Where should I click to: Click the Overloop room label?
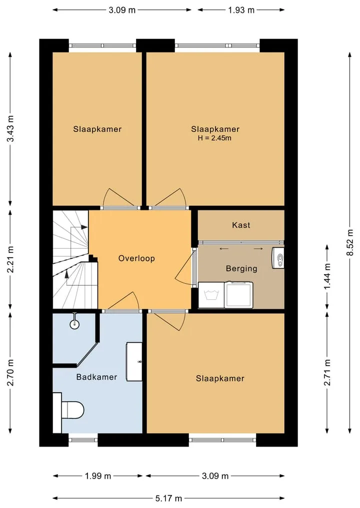[x=136, y=259]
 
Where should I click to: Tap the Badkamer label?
[x=96, y=377]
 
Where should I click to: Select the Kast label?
[x=241, y=225]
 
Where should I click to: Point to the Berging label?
[x=241, y=269]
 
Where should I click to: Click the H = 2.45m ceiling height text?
[x=214, y=138]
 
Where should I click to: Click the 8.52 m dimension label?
[x=350, y=242]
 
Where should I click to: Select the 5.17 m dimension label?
[x=168, y=498]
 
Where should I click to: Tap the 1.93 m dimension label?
[x=241, y=10]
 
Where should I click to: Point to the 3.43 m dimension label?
[x=10, y=128]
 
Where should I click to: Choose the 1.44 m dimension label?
[x=327, y=276]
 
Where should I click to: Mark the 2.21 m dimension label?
[x=10, y=260]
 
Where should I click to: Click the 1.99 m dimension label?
[x=98, y=476]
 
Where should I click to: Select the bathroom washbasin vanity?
[x=134, y=362]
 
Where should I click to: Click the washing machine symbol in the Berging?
[x=211, y=295]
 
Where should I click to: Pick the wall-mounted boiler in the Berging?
[x=278, y=258]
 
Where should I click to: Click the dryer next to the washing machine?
[x=238, y=295]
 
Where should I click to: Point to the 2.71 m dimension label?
[x=327, y=373]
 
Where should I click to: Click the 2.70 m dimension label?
[x=10, y=373]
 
